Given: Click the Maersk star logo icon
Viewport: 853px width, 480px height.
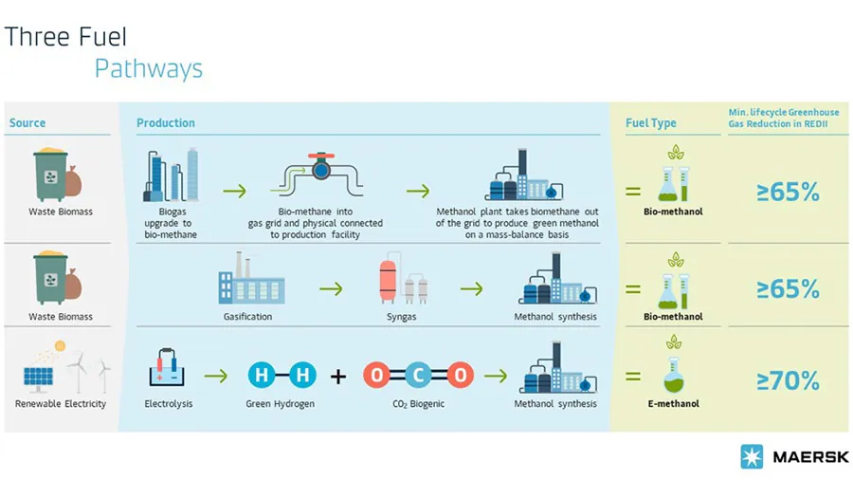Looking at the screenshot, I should [752, 456].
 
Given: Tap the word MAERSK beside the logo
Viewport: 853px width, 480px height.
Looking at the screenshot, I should [804, 456].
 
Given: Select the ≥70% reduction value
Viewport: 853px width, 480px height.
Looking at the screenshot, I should [788, 380].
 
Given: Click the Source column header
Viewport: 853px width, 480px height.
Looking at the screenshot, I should [27, 123].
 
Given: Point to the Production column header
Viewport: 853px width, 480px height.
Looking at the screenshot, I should [166, 123].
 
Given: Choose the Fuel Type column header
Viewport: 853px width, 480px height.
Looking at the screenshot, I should [651, 123].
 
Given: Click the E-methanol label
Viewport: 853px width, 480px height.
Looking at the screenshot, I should [673, 404].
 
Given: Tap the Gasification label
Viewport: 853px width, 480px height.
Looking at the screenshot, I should [247, 317].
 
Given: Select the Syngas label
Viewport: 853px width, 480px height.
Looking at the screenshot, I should [401, 317].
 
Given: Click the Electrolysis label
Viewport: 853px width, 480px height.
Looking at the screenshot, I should [168, 404].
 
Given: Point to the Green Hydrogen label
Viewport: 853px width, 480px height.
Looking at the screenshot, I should [280, 404].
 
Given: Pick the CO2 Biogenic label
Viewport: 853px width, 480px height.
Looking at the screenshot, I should [417, 404].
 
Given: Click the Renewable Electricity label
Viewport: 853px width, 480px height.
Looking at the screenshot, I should [61, 404].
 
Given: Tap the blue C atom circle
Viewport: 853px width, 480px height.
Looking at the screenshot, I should [418, 377].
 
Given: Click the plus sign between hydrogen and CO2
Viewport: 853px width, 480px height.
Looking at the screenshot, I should [338, 378].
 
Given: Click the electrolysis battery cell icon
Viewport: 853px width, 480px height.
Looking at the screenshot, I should [168, 369].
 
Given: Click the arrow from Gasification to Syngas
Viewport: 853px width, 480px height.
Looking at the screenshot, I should [331, 288].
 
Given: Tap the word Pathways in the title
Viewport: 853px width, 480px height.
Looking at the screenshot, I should [148, 69].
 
